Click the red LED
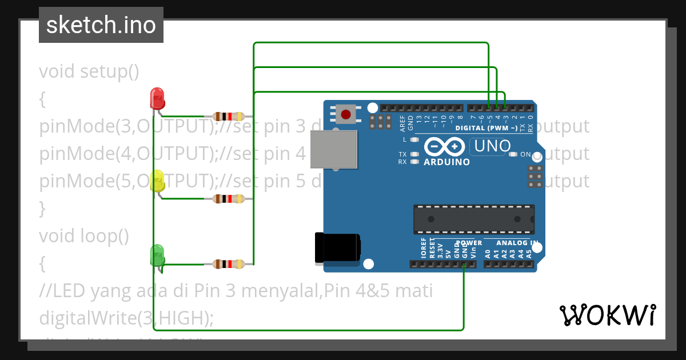[157, 98]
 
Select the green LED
[157, 255]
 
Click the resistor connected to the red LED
[229, 116]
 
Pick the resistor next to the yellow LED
[229, 199]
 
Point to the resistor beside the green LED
[229, 264]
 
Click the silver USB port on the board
[334, 150]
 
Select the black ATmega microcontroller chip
[474, 219]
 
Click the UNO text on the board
[490, 146]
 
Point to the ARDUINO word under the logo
[446, 162]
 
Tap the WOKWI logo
[608, 315]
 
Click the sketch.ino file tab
[101, 25]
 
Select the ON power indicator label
[525, 154]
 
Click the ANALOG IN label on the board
[517, 243]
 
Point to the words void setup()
[89, 71]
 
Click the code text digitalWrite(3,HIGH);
[126, 318]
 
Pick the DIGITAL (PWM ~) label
[486, 128]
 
